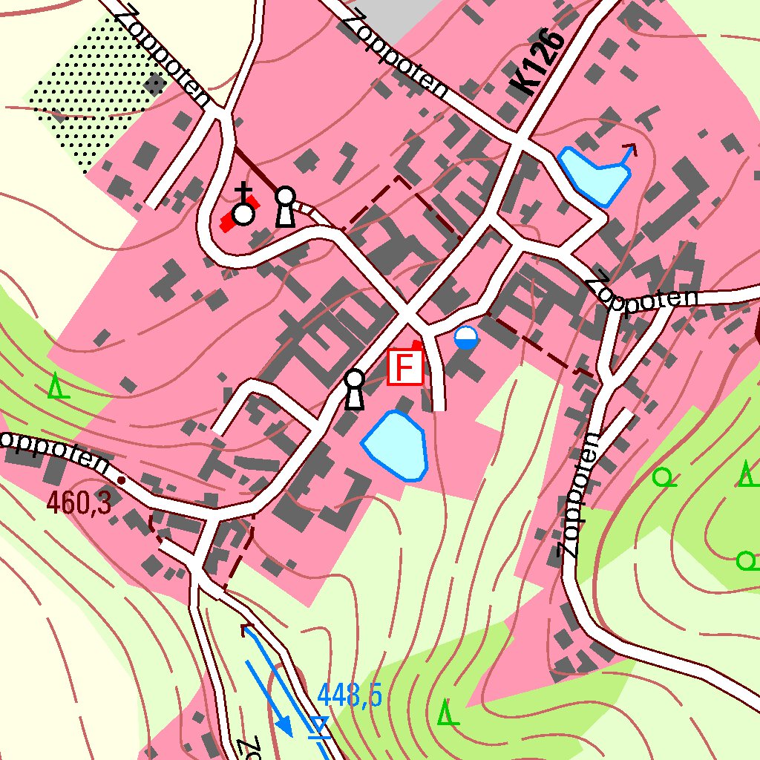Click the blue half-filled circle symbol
tap(466, 338)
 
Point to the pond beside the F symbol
tap(396, 445)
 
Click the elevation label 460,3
tap(79, 503)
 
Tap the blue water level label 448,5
tap(350, 696)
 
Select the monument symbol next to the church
tap(285, 207)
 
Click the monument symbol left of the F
tap(355, 390)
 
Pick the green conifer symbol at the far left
tap(57, 387)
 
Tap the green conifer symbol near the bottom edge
tap(446, 713)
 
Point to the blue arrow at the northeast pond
tap(628, 154)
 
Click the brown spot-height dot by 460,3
tap(122, 481)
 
